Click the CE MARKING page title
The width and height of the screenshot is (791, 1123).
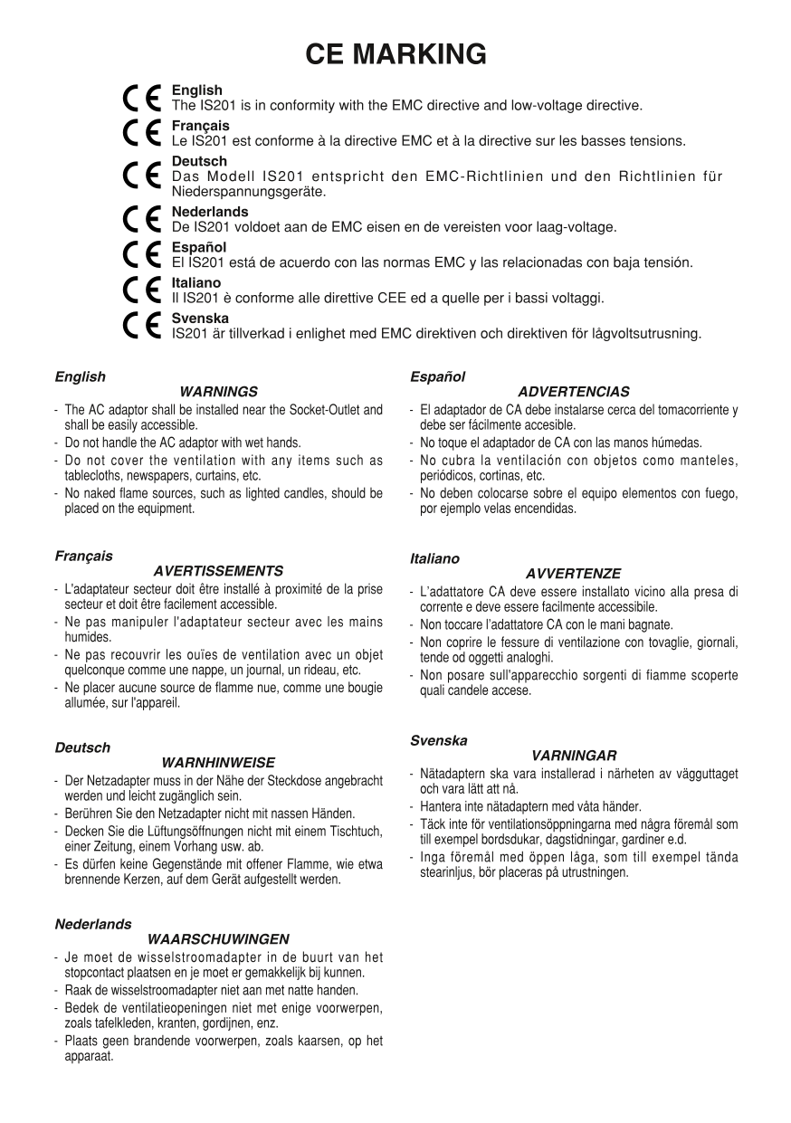coord(395,54)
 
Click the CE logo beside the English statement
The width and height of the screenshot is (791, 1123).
coord(143,98)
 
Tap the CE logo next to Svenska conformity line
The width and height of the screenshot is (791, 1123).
coord(143,326)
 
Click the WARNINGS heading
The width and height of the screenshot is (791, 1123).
coord(219,392)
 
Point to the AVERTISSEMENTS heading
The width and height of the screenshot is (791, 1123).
coord(218,571)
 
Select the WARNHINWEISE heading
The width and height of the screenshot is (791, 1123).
coord(218,763)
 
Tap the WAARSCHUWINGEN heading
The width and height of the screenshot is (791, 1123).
coord(218,939)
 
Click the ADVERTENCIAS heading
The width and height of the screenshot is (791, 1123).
coord(574,392)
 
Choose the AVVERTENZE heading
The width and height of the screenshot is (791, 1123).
coord(573,574)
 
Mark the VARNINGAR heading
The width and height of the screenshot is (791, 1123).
coord(574,755)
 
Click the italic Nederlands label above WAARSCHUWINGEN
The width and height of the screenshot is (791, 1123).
coord(92,925)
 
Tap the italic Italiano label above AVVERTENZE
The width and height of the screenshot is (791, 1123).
coord(434,559)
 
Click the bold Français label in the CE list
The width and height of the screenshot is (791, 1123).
coord(200,126)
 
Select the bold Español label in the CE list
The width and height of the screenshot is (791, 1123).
coord(198,247)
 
